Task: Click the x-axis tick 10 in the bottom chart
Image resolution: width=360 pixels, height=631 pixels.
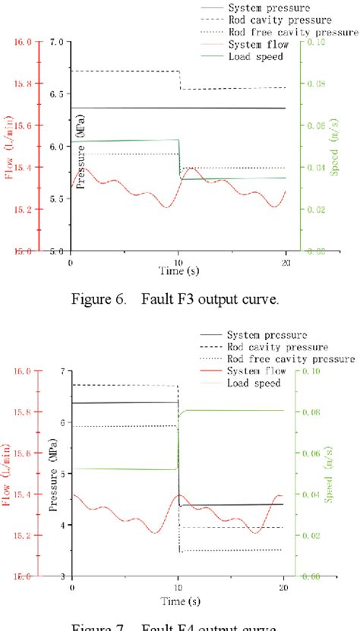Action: pos(178,588)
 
